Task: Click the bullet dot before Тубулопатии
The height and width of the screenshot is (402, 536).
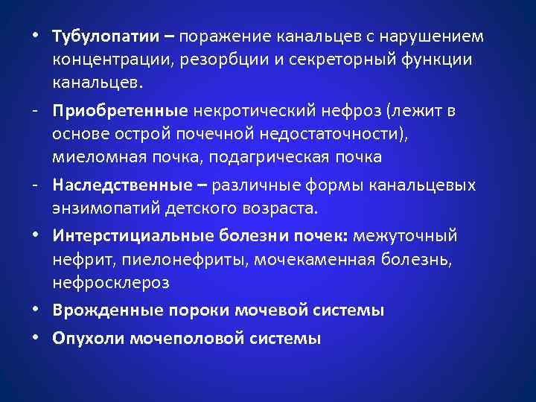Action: pyautogui.click(x=36, y=36)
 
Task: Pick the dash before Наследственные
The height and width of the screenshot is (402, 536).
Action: pyautogui.click(x=36, y=185)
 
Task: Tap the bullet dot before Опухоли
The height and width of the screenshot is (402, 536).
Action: pyautogui.click(x=36, y=337)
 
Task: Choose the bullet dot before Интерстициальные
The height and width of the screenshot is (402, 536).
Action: pyautogui.click(x=36, y=236)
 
